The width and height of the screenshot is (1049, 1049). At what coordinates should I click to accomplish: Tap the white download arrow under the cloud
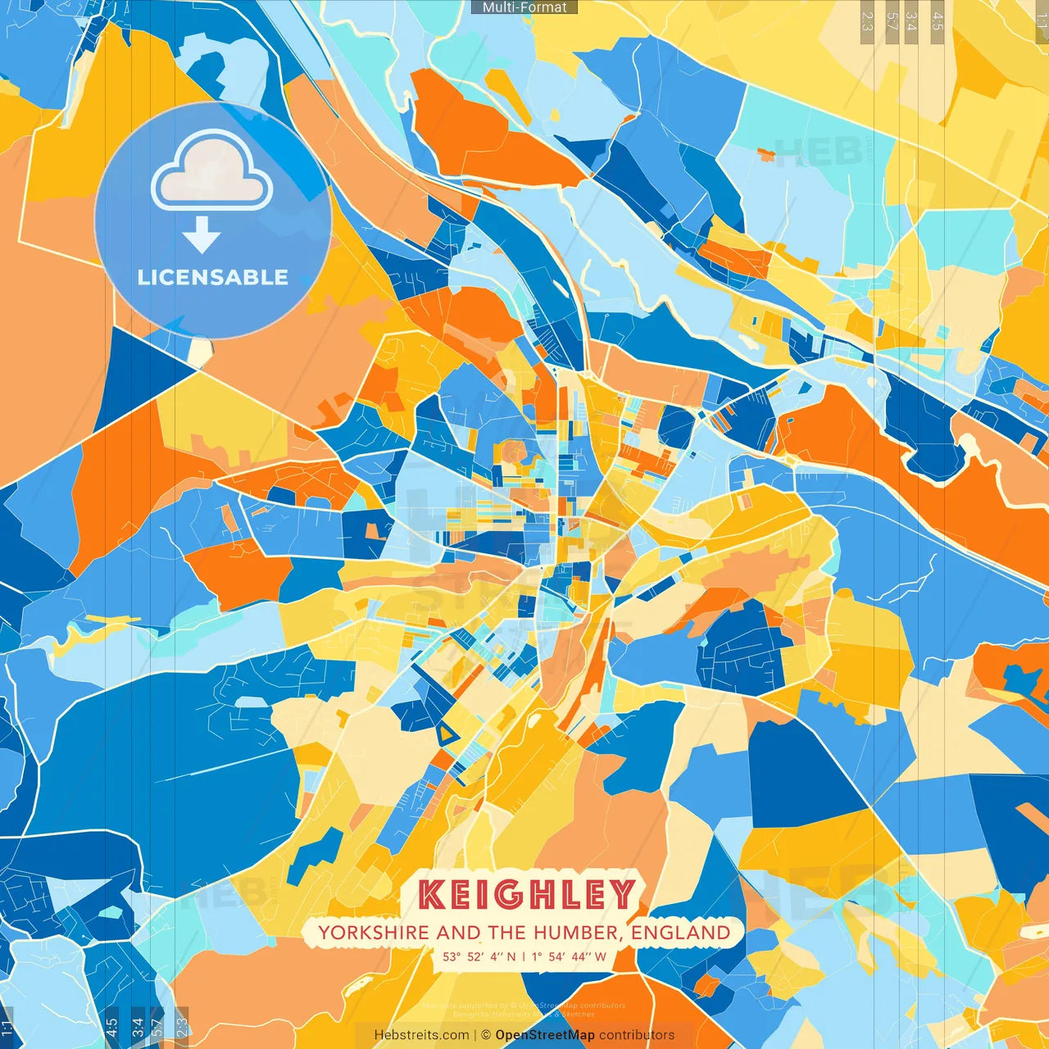tap(202, 236)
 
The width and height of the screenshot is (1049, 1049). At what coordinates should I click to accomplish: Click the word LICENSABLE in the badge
tap(213, 277)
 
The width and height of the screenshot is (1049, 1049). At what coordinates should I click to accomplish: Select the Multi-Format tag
tap(524, 7)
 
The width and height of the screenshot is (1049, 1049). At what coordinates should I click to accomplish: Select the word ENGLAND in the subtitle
tap(681, 933)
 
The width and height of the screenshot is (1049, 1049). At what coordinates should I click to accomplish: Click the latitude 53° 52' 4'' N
tap(479, 956)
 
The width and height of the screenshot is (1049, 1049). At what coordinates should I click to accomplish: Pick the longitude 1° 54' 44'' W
tap(569, 956)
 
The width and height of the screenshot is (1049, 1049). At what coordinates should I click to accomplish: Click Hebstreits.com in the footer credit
tap(421, 1035)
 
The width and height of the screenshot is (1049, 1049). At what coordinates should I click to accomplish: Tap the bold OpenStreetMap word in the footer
tap(545, 1035)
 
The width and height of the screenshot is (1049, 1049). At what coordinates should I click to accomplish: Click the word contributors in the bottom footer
tap(637, 1035)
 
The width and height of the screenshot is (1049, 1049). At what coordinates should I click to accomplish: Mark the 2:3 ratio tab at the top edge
tap(867, 21)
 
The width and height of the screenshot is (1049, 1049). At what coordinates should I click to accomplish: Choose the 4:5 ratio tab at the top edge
tap(938, 21)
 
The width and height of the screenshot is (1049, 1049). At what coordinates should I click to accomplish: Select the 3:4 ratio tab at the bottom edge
tap(137, 1028)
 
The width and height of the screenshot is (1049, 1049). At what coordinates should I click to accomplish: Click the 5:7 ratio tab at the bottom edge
tap(157, 1028)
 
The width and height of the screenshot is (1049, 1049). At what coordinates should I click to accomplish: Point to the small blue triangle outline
tap(446, 733)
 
